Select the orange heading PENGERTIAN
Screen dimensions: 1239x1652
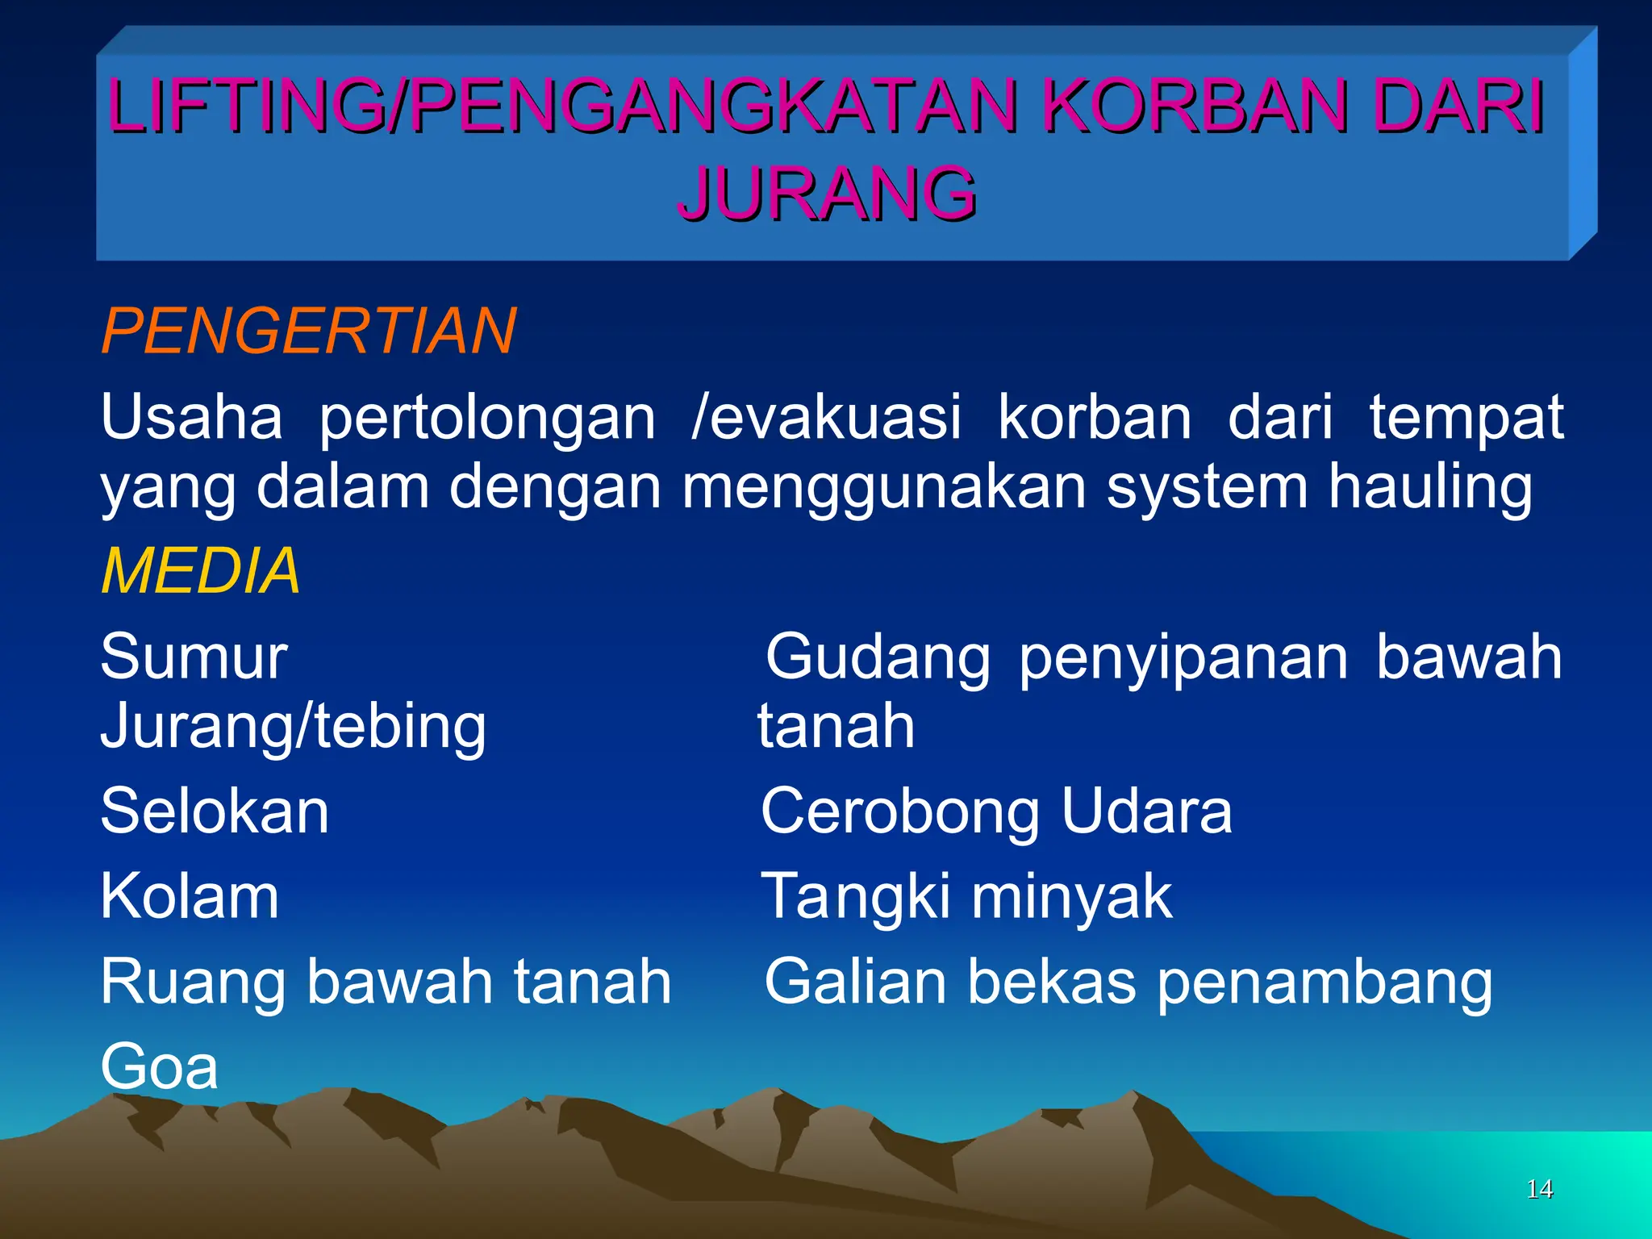(x=309, y=331)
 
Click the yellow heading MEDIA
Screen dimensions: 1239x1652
(x=201, y=570)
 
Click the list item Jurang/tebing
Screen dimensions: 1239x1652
(x=294, y=725)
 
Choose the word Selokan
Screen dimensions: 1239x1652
(x=215, y=811)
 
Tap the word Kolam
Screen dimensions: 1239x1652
(x=190, y=896)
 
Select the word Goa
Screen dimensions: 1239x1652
(x=160, y=1066)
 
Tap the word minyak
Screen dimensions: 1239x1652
(x=1071, y=896)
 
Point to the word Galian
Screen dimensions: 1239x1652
(x=855, y=982)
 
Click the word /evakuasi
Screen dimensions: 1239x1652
(x=827, y=417)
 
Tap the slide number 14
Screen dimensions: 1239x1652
(x=1539, y=1189)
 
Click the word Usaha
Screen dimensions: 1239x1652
(x=192, y=417)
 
